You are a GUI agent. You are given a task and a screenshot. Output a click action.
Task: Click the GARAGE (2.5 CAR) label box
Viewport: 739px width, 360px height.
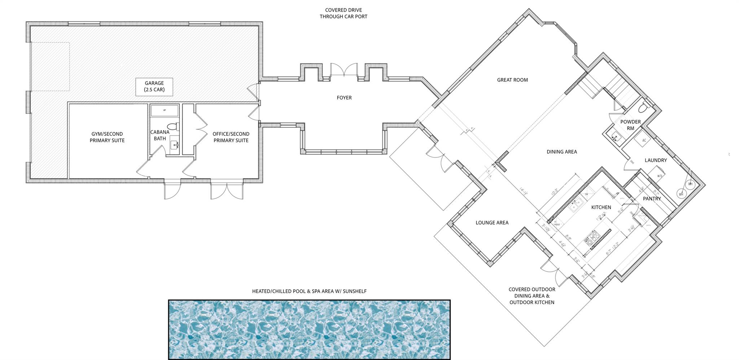(154, 87)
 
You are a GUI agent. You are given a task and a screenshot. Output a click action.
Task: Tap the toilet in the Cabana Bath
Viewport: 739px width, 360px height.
(174, 127)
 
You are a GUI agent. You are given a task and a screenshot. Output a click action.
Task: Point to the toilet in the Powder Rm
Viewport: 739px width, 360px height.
(643, 108)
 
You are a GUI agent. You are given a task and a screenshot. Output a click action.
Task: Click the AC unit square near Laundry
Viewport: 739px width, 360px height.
(644, 140)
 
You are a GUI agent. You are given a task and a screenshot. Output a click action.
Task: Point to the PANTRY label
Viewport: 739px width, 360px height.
(652, 199)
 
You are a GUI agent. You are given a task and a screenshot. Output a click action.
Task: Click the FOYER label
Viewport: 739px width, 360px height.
(344, 97)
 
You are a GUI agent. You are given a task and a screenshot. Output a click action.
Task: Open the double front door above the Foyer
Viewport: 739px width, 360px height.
(344, 70)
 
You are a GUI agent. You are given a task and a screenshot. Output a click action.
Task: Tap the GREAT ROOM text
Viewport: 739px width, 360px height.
(512, 80)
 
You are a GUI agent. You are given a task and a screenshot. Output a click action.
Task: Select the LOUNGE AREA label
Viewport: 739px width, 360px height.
(492, 222)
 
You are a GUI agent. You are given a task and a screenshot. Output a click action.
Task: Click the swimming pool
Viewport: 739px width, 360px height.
(309, 329)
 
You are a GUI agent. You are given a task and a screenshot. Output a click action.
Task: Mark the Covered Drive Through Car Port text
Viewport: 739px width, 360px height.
(343, 13)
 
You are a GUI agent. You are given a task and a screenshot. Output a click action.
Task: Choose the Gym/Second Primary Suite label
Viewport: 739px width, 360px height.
(107, 137)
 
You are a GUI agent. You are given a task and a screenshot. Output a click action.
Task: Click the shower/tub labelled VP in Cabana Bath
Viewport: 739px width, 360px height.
(165, 110)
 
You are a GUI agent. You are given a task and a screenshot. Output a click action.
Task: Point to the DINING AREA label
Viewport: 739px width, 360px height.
(561, 152)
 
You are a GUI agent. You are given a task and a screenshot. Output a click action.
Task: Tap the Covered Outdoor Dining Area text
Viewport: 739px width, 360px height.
(532, 296)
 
